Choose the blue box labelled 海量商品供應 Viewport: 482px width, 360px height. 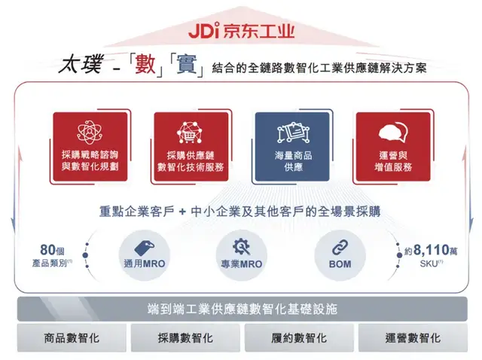[x=291, y=147]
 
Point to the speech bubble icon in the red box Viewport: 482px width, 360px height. [x=392, y=133]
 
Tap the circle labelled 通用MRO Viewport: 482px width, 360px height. [x=142, y=254]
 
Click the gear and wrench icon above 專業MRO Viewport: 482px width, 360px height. [x=241, y=246]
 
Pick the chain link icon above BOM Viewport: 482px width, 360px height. [x=339, y=246]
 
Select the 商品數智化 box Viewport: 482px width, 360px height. [x=72, y=337]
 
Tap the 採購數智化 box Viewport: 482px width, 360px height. [x=185, y=337]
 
